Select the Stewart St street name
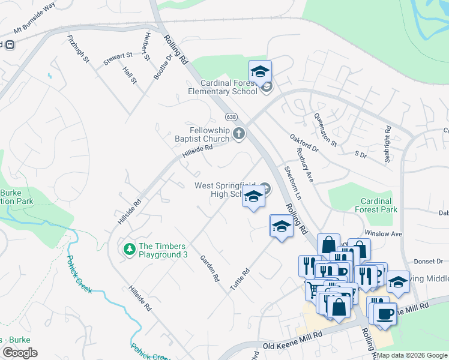coord(118,56)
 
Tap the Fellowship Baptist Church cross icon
coord(239,133)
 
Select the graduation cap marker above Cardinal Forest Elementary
coord(260,71)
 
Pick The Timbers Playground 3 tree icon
coord(128,248)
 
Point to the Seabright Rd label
coord(388,144)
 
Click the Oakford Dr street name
coord(302,147)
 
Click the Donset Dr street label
coord(430,262)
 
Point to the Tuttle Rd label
coord(239,280)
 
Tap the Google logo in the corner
coord(20,353)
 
